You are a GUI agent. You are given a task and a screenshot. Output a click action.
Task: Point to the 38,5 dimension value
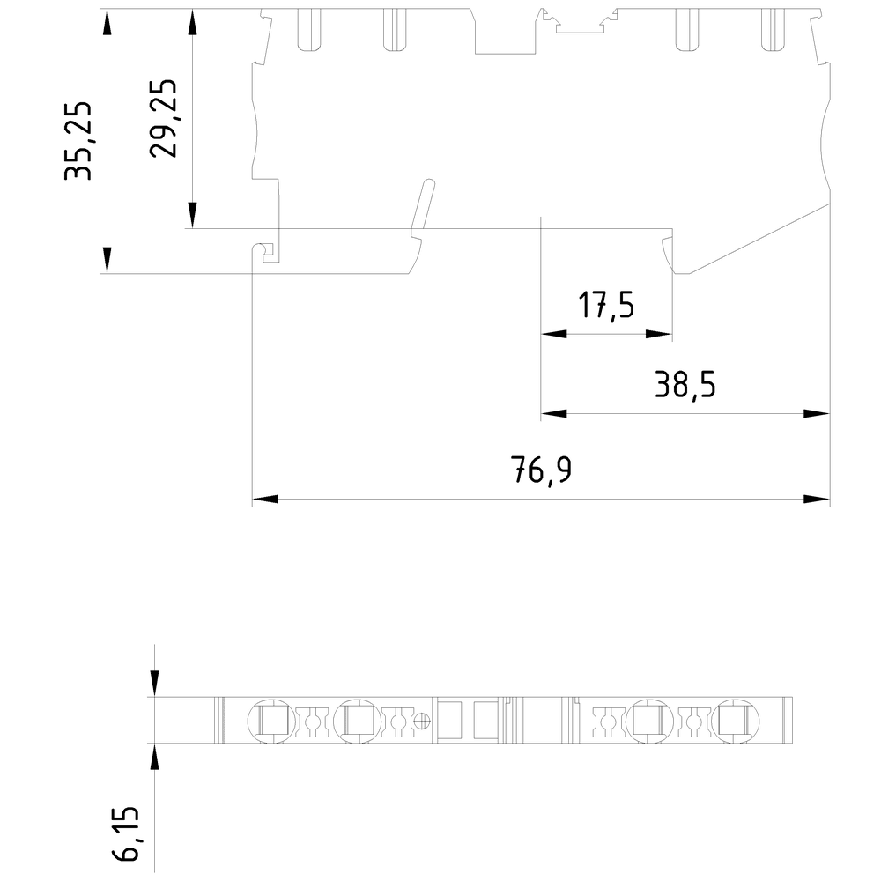point(684,385)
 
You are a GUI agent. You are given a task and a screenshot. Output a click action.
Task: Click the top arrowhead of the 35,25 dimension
point(107,23)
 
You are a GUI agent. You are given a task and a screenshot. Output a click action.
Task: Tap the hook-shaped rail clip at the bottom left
point(266,252)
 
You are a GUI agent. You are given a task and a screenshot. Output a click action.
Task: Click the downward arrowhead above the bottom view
point(155,682)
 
